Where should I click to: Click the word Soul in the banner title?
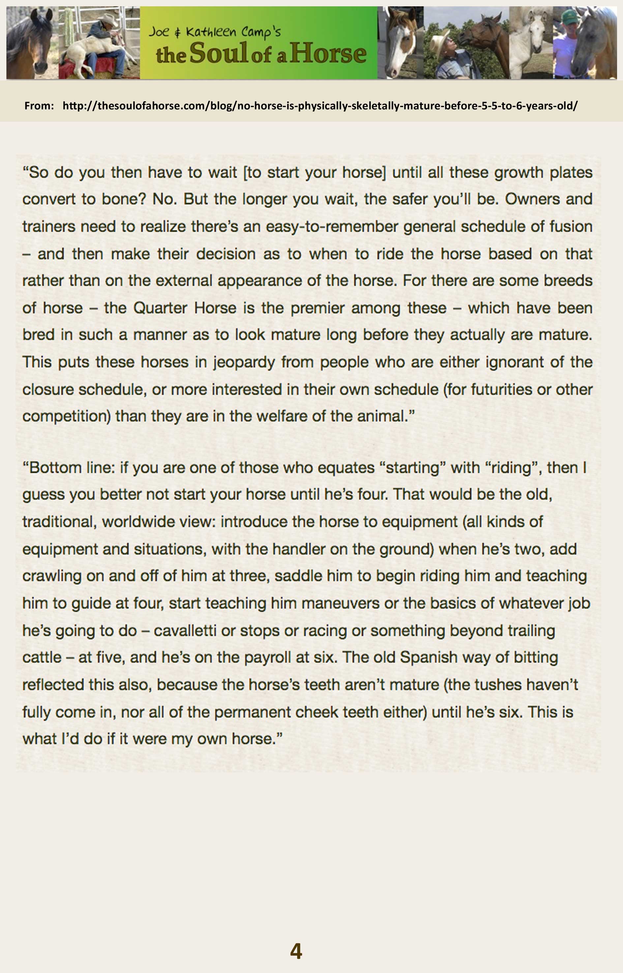[x=219, y=53]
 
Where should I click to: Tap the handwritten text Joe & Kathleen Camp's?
[x=214, y=32]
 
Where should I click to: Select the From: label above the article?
[x=39, y=106]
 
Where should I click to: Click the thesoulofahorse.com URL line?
[x=320, y=106]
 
